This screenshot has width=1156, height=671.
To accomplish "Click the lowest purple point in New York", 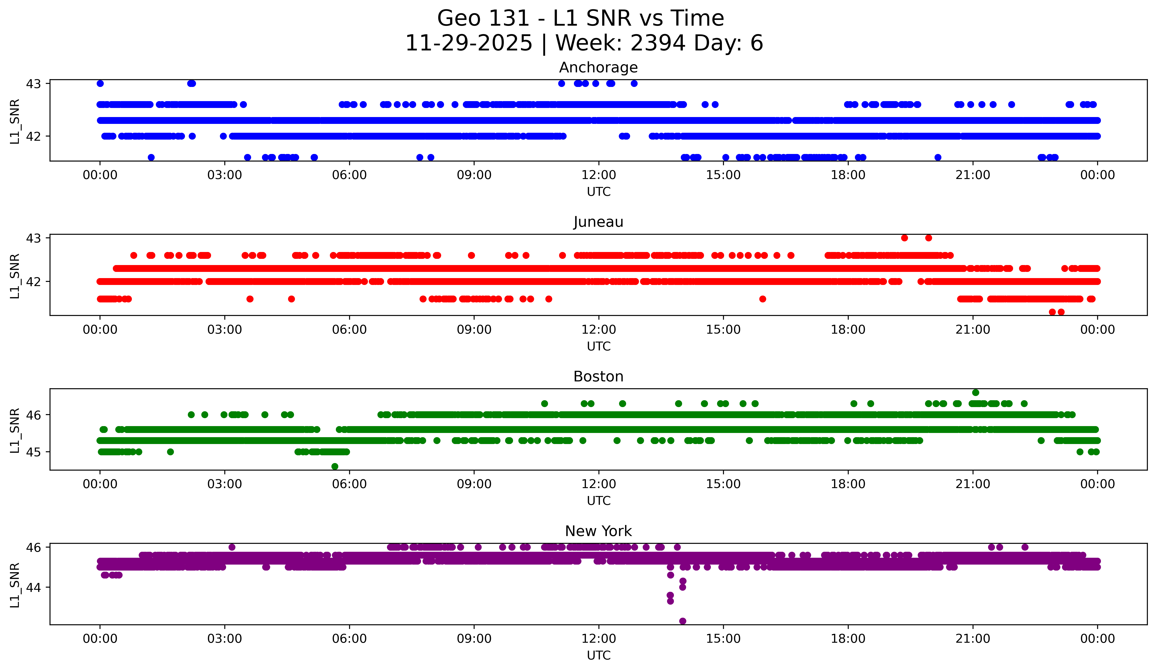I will pyautogui.click(x=683, y=621).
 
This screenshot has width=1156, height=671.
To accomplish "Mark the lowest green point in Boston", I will pyautogui.click(x=335, y=466).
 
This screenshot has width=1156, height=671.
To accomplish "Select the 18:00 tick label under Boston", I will pyautogui.click(x=848, y=484).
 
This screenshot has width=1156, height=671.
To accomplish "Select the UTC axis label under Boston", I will pyautogui.click(x=598, y=501).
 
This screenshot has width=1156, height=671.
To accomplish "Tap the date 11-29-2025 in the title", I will pyautogui.click(x=468, y=43).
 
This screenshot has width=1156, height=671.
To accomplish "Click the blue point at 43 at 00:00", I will pyautogui.click(x=100, y=83).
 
